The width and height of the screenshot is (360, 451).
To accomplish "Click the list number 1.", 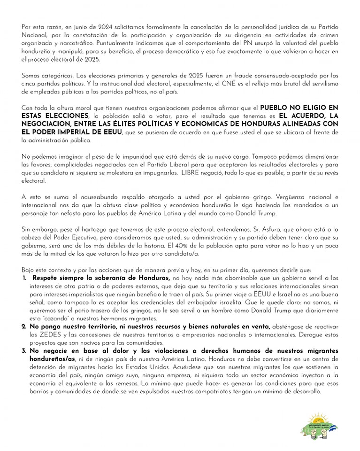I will pos(24,278).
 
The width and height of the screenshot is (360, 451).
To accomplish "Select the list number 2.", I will pos(24,326).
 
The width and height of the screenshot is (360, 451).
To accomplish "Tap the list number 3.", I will pos(24,350).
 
